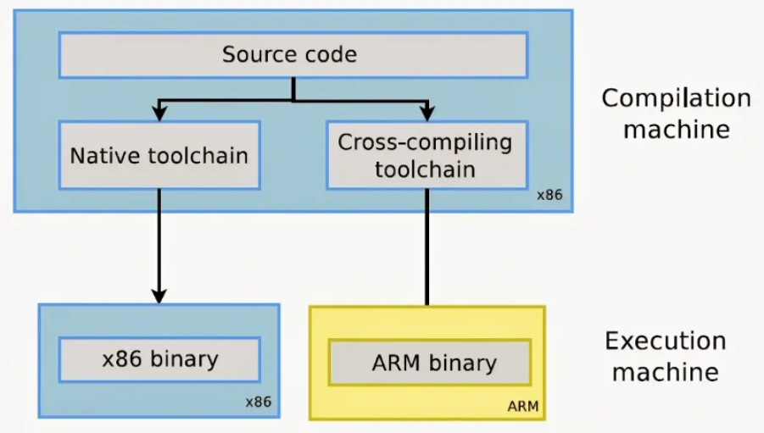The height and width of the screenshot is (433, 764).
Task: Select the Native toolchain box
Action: (159, 155)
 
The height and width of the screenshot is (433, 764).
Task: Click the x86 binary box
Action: (159, 358)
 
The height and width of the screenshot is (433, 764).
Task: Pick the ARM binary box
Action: (433, 363)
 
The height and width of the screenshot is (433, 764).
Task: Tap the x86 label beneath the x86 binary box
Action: (258, 401)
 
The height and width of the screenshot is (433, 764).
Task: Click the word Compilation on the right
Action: (676, 98)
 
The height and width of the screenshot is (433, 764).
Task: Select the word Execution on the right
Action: (665, 341)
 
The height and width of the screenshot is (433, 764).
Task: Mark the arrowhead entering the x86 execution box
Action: (159, 296)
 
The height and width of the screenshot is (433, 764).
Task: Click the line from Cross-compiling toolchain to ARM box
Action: (427, 246)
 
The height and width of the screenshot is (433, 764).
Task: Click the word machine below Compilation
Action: (676, 129)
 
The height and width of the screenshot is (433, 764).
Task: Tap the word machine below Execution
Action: (665, 372)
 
